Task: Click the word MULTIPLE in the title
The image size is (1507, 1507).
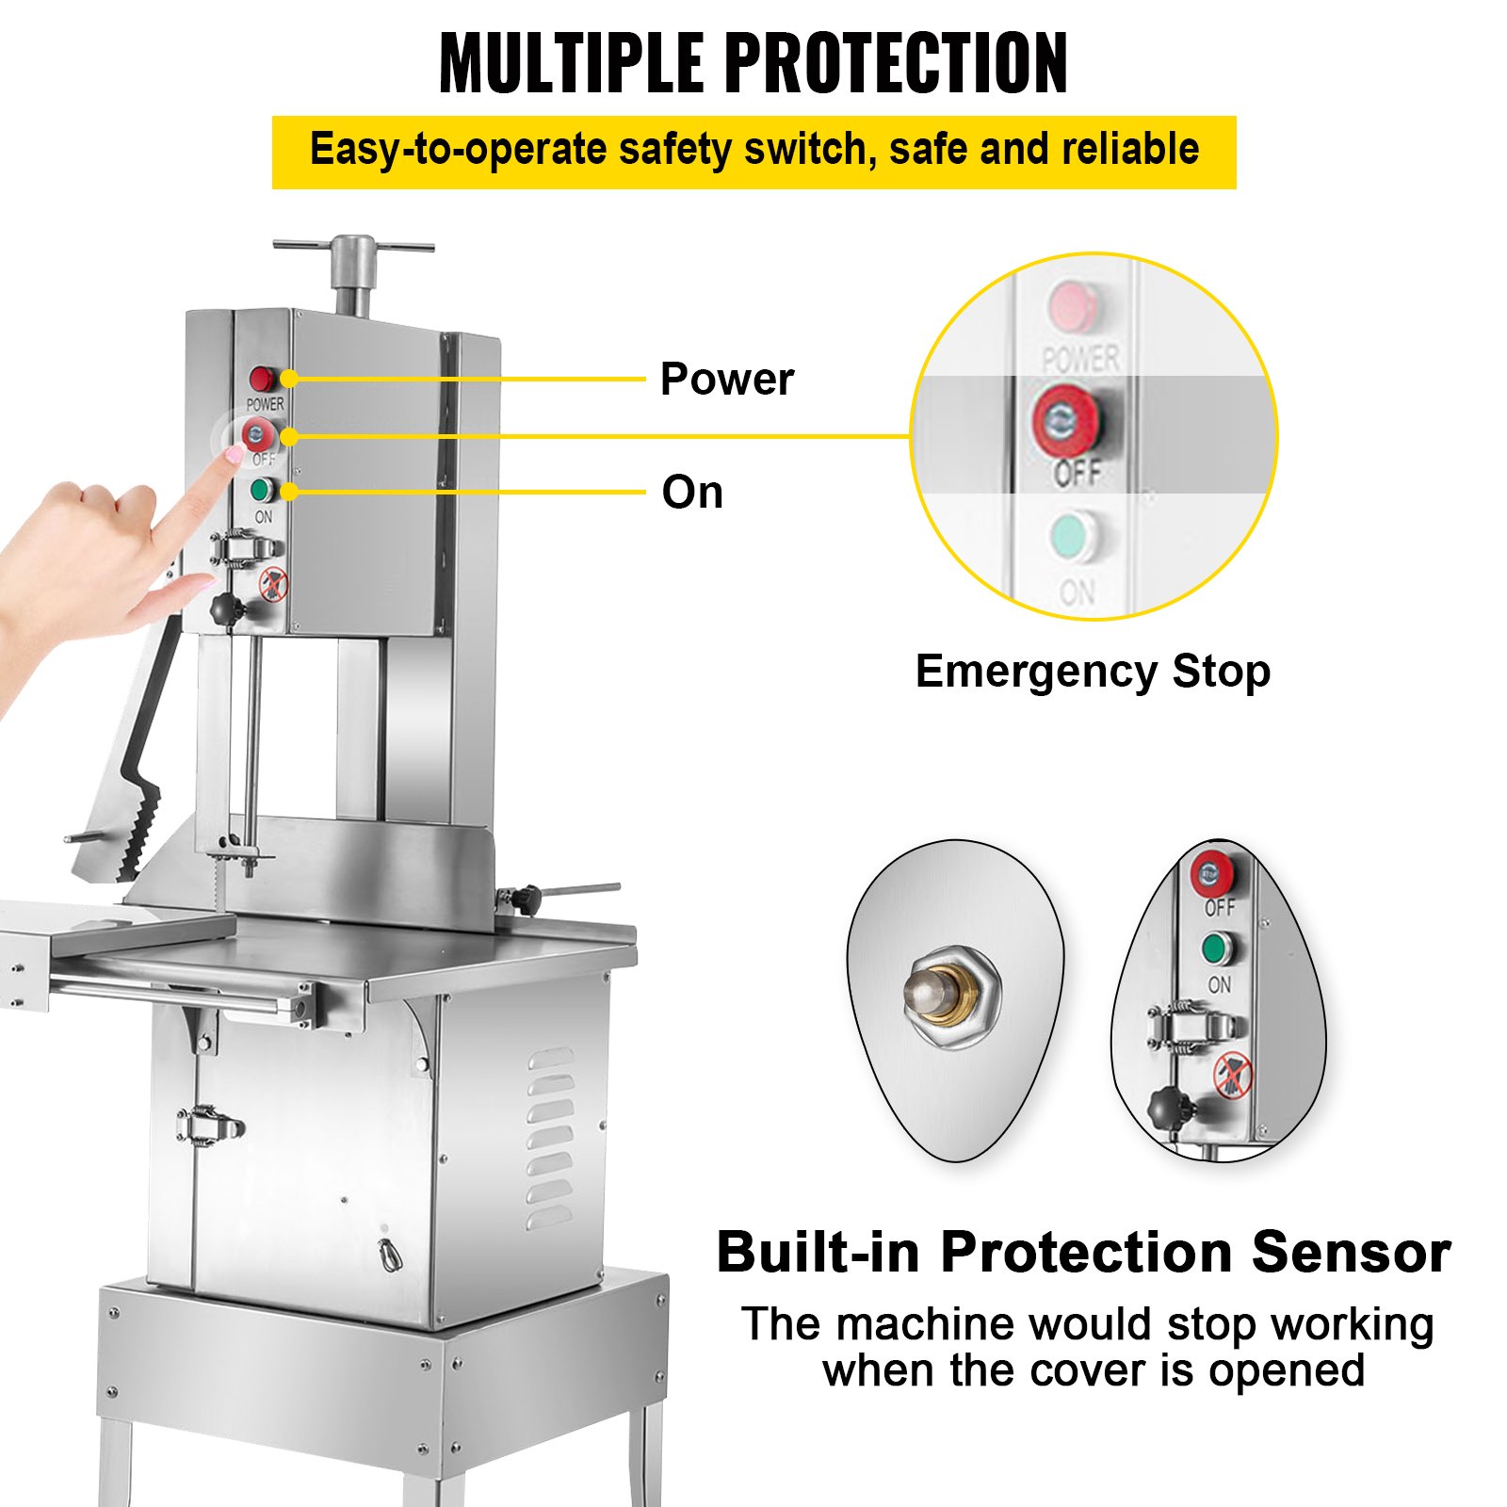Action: (x=572, y=63)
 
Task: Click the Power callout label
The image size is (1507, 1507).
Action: (x=727, y=380)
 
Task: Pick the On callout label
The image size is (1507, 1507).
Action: (x=692, y=493)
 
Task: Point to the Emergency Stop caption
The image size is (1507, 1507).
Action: (x=1093, y=672)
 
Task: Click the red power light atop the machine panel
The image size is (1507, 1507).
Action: (x=262, y=380)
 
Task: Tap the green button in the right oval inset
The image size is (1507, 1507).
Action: (x=1217, y=948)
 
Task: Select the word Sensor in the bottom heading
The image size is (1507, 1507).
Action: (x=1352, y=1253)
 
